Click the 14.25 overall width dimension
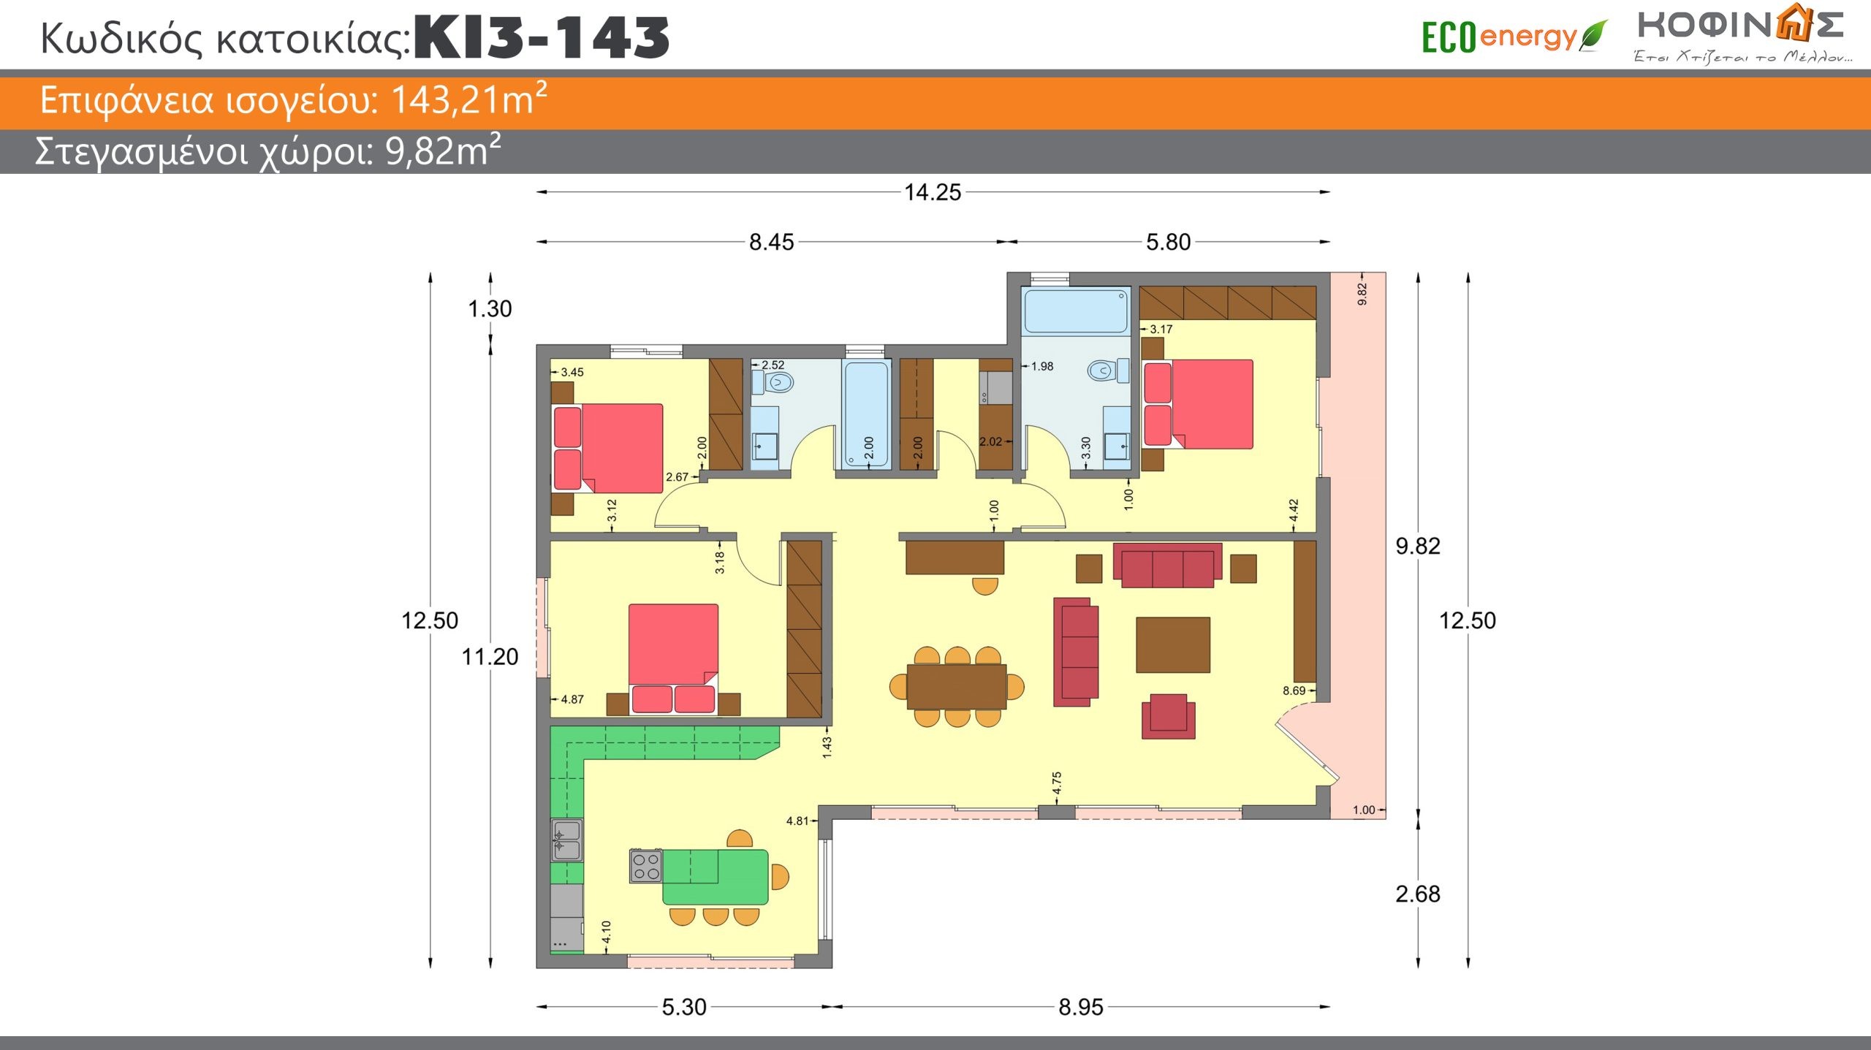(933, 192)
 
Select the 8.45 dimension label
(771, 242)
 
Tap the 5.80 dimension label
(1168, 242)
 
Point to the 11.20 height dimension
(490, 657)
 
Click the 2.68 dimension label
(1418, 894)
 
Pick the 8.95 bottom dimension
(1081, 1007)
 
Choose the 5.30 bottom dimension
(684, 1007)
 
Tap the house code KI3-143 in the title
(542, 37)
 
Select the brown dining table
(957, 687)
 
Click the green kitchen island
(716, 877)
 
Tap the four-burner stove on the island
(646, 866)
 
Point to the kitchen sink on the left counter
(567, 840)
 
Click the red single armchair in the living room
(1169, 716)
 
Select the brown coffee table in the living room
(1173, 644)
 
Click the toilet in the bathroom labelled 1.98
(1107, 370)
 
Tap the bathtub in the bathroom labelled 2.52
(867, 414)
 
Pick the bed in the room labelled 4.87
(673, 658)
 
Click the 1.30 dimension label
(490, 308)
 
